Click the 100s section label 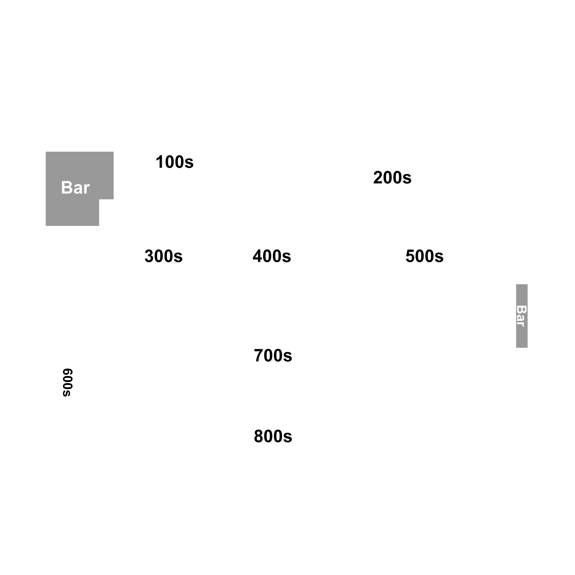[x=174, y=162]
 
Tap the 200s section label [x=392, y=177]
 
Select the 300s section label [x=163, y=256]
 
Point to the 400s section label [x=272, y=256]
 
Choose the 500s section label [x=424, y=256]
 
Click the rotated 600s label [x=68, y=383]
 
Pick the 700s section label [x=273, y=355]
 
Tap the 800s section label [x=273, y=436]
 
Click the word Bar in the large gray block [x=75, y=188]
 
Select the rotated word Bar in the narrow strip [x=521, y=316]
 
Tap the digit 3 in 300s [x=150, y=256]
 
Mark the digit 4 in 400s [x=258, y=256]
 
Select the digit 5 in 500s [x=410, y=256]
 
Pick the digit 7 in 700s [x=259, y=355]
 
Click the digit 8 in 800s [x=259, y=436]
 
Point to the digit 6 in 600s [x=68, y=373]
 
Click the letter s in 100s [x=189, y=164]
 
